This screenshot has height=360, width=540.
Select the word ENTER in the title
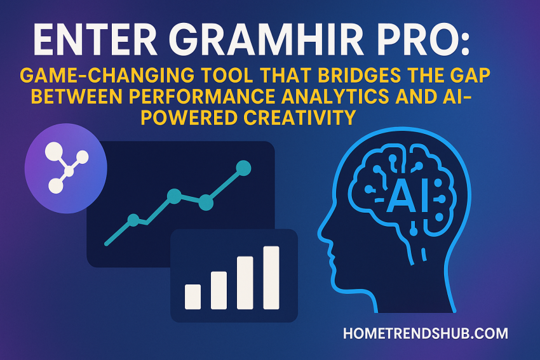[x=95, y=41]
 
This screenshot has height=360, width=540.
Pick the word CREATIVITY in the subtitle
[x=300, y=117]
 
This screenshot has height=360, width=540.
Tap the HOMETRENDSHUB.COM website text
[x=425, y=333]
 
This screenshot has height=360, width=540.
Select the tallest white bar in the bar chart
[x=271, y=277]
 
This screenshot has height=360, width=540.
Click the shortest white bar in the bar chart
[x=193, y=297]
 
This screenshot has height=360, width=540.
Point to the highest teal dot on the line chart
[x=243, y=168]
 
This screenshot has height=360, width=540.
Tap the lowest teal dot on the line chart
[x=133, y=220]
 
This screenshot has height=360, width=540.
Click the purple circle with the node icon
[x=66, y=168]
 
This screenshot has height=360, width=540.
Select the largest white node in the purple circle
[x=54, y=150]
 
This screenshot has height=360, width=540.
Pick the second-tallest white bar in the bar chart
[x=245, y=283]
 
